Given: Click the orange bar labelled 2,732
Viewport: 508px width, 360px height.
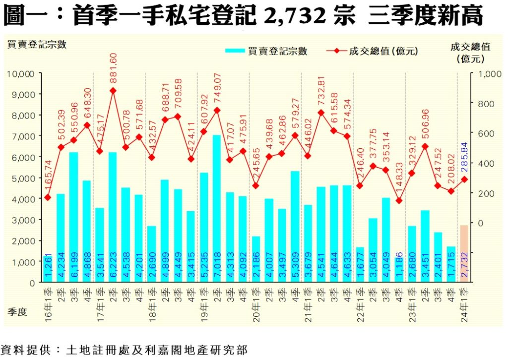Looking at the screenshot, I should (464, 253).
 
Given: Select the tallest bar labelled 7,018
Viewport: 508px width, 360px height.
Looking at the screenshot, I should (217, 208).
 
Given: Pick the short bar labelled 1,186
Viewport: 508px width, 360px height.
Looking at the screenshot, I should (399, 270).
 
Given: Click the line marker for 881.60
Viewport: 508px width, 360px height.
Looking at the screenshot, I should (113, 91).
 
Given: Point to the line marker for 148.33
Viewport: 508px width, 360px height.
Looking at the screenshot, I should (399, 201).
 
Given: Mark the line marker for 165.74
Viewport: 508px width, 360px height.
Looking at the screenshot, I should (48, 197).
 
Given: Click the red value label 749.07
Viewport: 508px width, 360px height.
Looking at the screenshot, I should (217, 91).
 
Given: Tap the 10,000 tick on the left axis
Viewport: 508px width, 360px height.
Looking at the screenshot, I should (21, 73).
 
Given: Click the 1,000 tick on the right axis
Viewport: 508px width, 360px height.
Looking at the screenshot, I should (485, 73).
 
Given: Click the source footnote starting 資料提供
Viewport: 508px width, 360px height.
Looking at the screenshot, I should (124, 349).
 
